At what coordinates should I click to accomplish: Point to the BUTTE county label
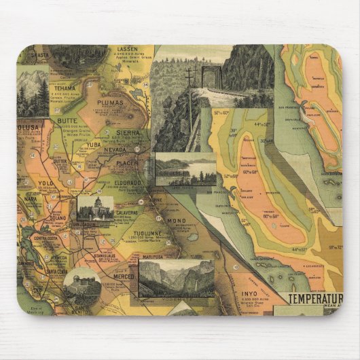[x=67, y=120]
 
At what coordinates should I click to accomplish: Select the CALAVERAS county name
[x=126, y=212]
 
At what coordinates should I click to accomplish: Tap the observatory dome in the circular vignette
[x=83, y=278]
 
